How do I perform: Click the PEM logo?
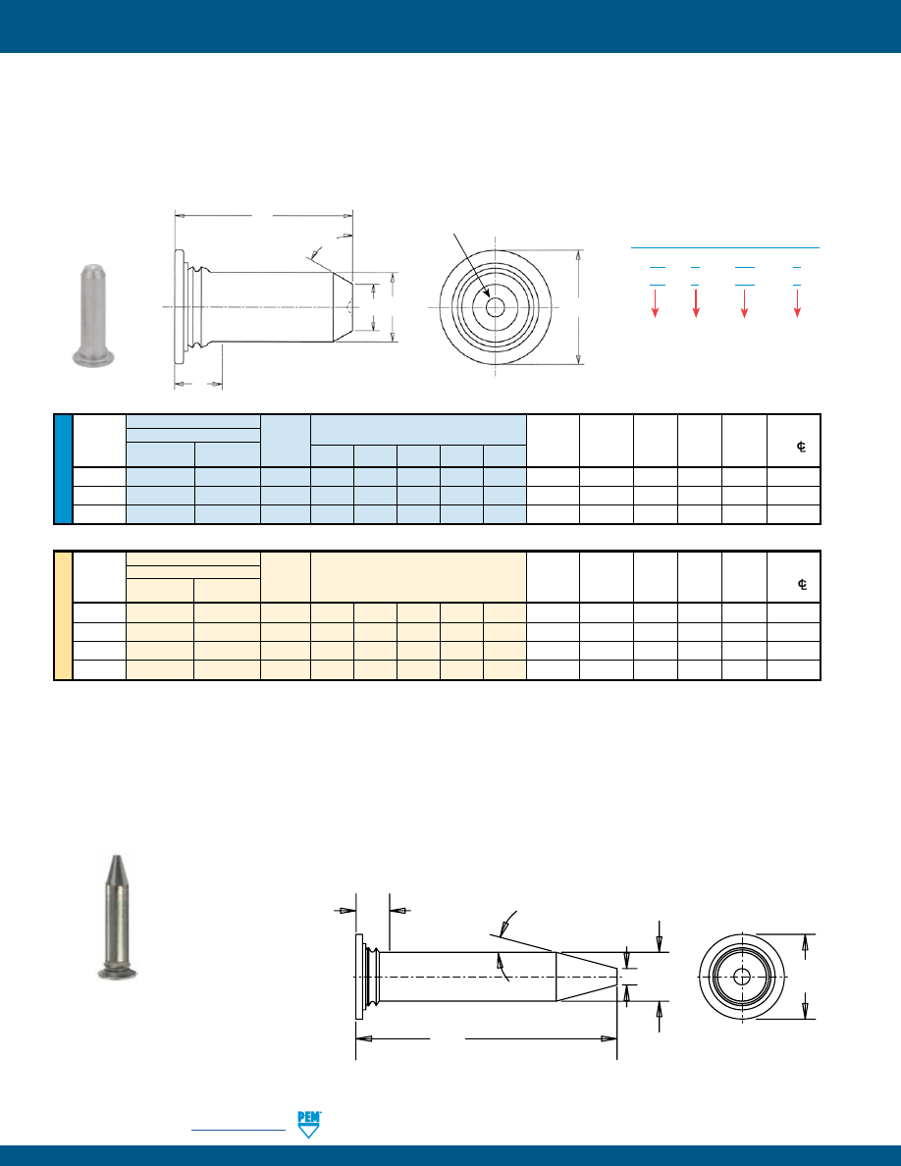pyautogui.click(x=308, y=1124)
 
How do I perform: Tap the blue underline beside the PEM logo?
pyautogui.click(x=238, y=1130)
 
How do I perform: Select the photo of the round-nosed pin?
pyautogui.click(x=93, y=314)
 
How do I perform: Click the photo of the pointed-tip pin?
pyautogui.click(x=117, y=917)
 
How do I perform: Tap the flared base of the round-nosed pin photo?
pyautogui.click(x=93, y=359)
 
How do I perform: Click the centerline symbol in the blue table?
pyautogui.click(x=802, y=447)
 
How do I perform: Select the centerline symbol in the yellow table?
pyautogui.click(x=802, y=584)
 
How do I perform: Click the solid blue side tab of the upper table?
pyautogui.click(x=63, y=469)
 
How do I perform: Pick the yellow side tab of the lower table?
pyautogui.click(x=63, y=615)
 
